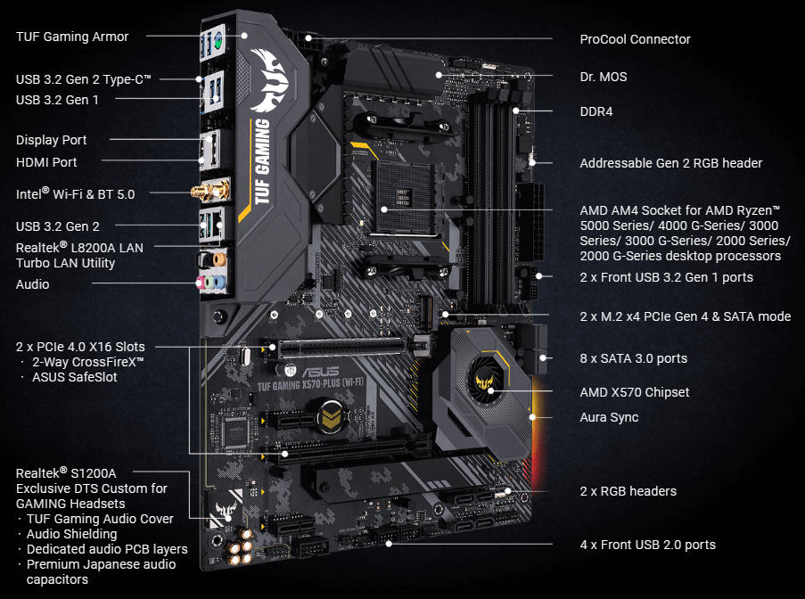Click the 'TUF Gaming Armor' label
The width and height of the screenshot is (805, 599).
tap(72, 37)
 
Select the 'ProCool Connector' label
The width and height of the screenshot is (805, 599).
tap(635, 39)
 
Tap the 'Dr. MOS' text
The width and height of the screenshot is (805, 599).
tap(604, 77)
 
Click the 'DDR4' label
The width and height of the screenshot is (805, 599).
tap(596, 112)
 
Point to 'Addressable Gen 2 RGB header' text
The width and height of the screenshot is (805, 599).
tap(670, 163)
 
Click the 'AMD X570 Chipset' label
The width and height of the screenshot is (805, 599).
tap(634, 392)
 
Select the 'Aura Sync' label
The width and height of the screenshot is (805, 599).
tap(609, 417)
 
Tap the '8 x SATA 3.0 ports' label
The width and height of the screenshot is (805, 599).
tap(633, 358)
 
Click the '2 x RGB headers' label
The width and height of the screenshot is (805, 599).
tap(628, 491)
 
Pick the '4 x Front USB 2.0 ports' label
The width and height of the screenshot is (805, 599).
tap(647, 545)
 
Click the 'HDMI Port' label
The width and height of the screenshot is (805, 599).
tap(46, 162)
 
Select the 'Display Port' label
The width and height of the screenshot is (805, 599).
tap(52, 140)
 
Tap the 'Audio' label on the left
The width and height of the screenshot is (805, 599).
tap(33, 284)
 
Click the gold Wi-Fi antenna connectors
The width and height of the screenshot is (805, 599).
tap(214, 190)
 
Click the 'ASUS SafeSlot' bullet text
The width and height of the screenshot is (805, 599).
tap(74, 377)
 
